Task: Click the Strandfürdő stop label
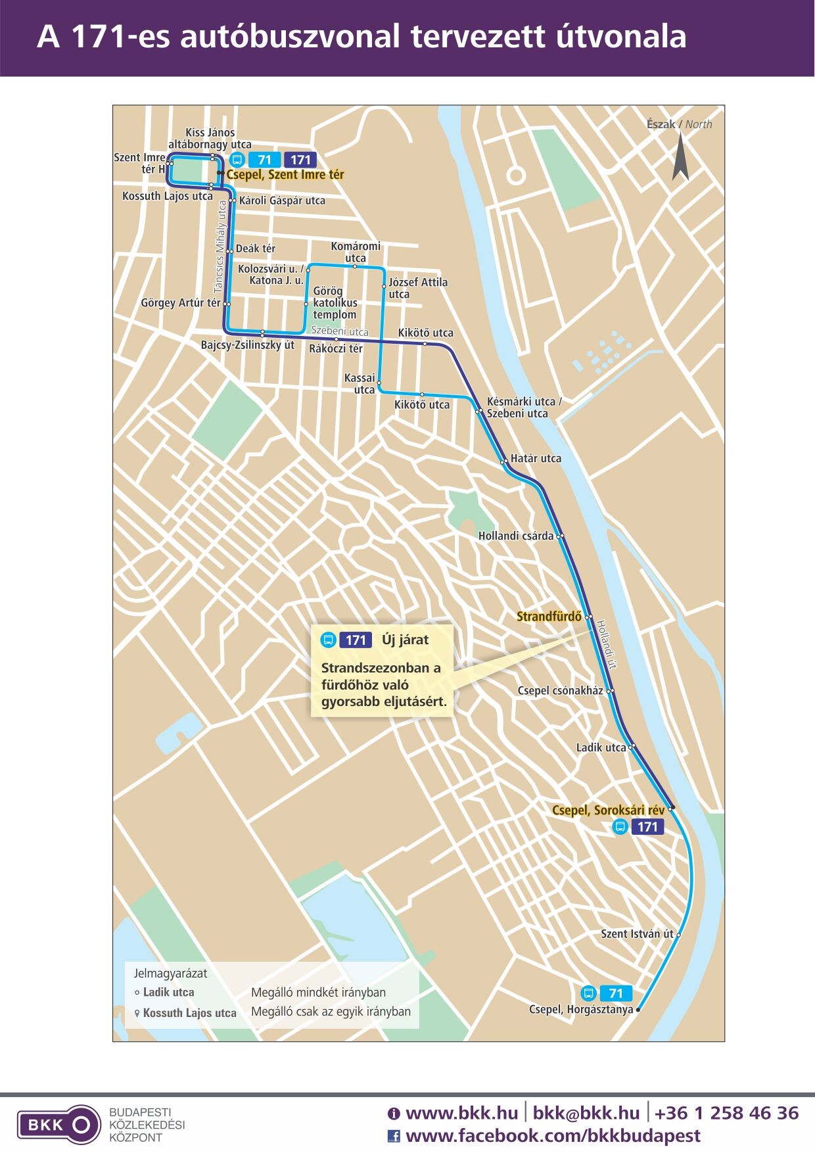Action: pyautogui.click(x=549, y=617)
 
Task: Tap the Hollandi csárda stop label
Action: pyautogui.click(x=516, y=536)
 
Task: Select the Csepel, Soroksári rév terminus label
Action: pyautogui.click(x=608, y=811)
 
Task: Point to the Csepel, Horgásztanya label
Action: pyautogui.click(x=581, y=1009)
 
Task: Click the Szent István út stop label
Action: pyautogui.click(x=637, y=933)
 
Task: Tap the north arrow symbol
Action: pyautogui.click(x=680, y=157)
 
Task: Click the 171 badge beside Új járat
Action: pyautogui.click(x=356, y=640)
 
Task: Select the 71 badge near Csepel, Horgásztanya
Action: pyautogui.click(x=615, y=993)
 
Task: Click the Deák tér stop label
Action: pyautogui.click(x=255, y=248)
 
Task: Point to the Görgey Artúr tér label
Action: pyautogui.click(x=181, y=303)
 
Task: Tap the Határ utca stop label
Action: pyautogui.click(x=536, y=458)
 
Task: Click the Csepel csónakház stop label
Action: pyautogui.click(x=560, y=690)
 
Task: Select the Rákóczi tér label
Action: pyautogui.click(x=336, y=348)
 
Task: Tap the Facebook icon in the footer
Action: pyautogui.click(x=394, y=1136)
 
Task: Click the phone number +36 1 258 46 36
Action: pyautogui.click(x=726, y=1113)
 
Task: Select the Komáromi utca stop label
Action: pyautogui.click(x=356, y=252)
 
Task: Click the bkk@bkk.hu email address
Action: pyautogui.click(x=586, y=1113)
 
